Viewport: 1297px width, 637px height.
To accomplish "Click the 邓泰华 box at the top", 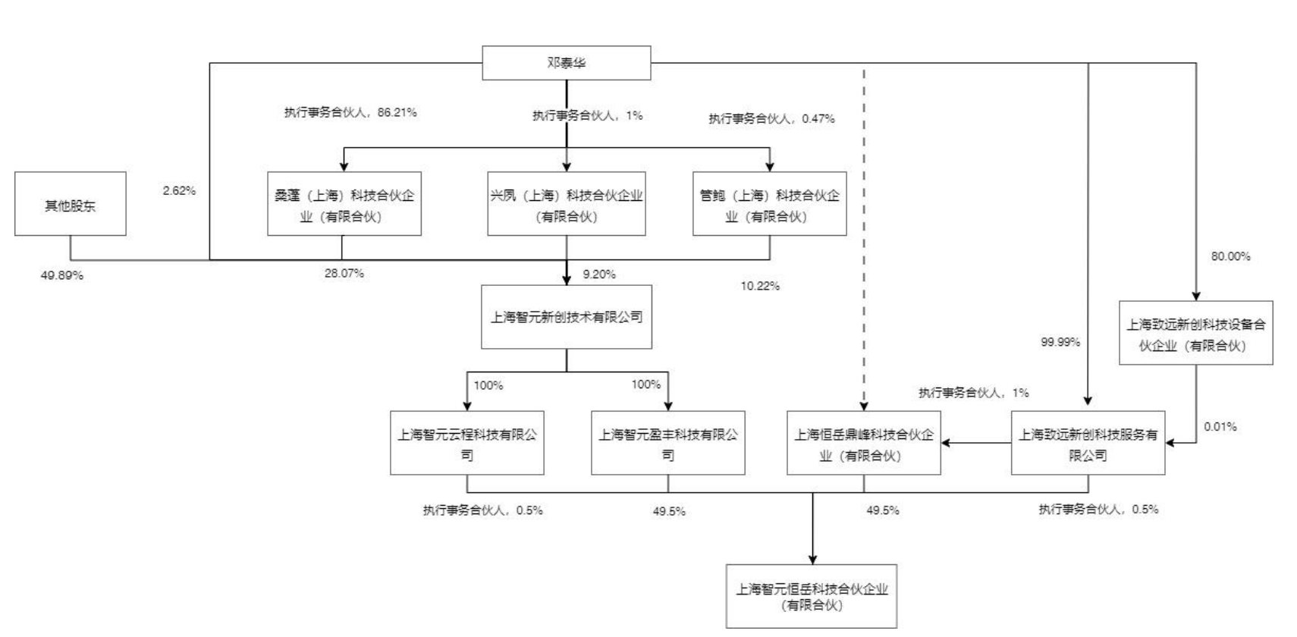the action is pyautogui.click(x=567, y=62).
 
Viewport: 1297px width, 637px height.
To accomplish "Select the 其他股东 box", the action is pyautogui.click(x=70, y=204).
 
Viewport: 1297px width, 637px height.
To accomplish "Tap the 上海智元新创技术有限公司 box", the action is pyautogui.click(x=567, y=317).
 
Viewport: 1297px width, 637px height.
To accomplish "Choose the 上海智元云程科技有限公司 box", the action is pyautogui.click(x=466, y=443).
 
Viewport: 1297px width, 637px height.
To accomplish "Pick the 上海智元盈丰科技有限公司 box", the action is pyautogui.click(x=667, y=443).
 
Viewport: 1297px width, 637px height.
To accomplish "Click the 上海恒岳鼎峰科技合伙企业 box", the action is pyautogui.click(x=863, y=443).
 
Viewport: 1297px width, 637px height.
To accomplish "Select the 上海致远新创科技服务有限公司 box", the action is pyautogui.click(x=1088, y=443).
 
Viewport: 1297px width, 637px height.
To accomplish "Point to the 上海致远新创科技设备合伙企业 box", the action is pyautogui.click(x=1195, y=332).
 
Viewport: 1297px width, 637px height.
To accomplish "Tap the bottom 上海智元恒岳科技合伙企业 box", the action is pyautogui.click(x=812, y=597).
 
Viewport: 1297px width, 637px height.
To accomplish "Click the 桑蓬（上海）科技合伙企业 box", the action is pyautogui.click(x=344, y=204).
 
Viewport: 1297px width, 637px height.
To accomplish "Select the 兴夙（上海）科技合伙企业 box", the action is pyautogui.click(x=567, y=204).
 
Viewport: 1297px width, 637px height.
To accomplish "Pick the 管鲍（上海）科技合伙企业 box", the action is pyautogui.click(x=770, y=204).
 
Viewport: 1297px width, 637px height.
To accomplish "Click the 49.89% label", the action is pyautogui.click(x=62, y=275).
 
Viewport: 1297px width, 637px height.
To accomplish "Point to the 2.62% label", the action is pyautogui.click(x=179, y=190).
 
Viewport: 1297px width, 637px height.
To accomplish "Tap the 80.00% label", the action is pyautogui.click(x=1230, y=256).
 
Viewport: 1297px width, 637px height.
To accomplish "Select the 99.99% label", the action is pyautogui.click(x=1060, y=342).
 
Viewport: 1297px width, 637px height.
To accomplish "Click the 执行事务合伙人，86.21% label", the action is pyautogui.click(x=350, y=112).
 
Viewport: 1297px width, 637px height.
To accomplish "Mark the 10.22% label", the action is pyautogui.click(x=760, y=286).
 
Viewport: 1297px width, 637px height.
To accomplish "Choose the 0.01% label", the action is pyautogui.click(x=1220, y=427).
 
